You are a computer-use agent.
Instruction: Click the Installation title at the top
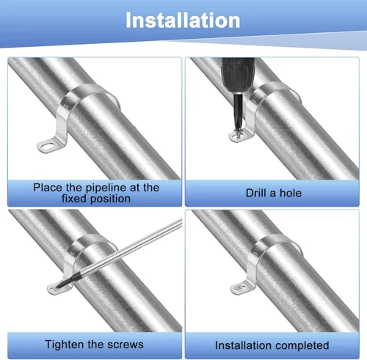tap(183, 21)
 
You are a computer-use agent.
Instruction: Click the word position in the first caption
tap(110, 199)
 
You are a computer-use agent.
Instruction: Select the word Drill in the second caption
tap(256, 193)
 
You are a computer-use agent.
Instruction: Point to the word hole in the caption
tap(291, 193)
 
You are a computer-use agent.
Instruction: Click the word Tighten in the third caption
tap(65, 345)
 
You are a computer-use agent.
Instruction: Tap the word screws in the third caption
tap(126, 345)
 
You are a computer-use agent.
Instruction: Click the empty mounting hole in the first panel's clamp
tap(47, 146)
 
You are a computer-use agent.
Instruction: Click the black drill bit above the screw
tap(238, 112)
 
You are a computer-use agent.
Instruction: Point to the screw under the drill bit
tap(238, 134)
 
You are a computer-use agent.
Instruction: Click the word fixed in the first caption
tap(74, 199)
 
